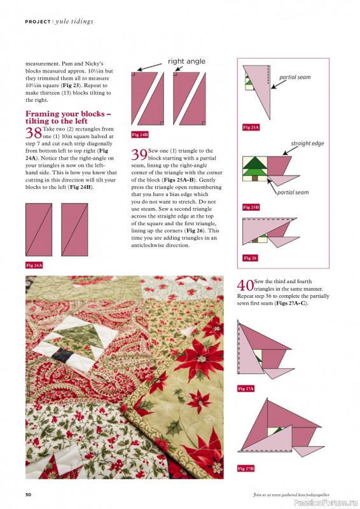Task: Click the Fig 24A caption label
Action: (x=34, y=264)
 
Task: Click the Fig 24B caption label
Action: (x=139, y=135)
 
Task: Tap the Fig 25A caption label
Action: (x=251, y=128)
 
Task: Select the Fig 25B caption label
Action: (x=251, y=207)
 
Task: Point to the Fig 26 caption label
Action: (x=249, y=258)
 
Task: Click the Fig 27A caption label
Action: (x=246, y=388)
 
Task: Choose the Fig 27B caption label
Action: (x=246, y=468)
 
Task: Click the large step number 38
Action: (x=33, y=132)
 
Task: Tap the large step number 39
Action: (x=139, y=155)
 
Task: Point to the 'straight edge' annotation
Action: (x=307, y=144)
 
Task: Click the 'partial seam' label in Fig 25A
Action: (x=294, y=78)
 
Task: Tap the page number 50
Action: (x=29, y=494)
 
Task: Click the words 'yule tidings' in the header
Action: (x=75, y=21)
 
